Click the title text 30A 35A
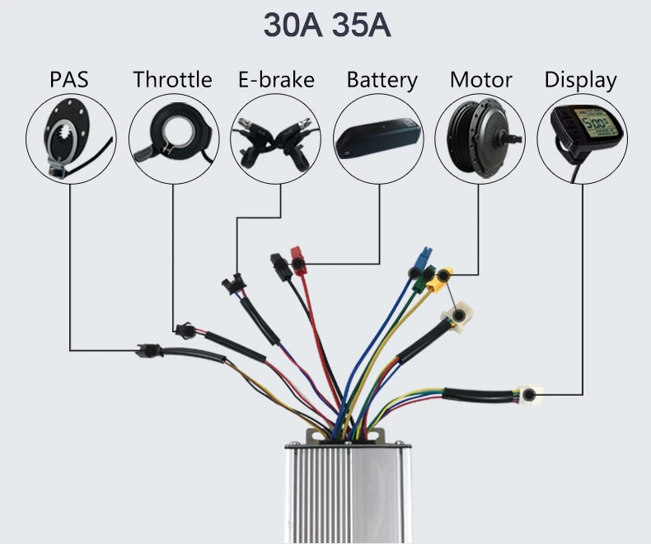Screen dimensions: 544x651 (x=326, y=25)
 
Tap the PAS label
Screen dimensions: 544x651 (x=68, y=80)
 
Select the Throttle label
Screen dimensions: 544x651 (x=172, y=80)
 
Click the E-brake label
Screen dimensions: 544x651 (x=276, y=80)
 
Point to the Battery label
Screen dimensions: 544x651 (x=382, y=80)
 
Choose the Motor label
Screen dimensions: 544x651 (x=480, y=80)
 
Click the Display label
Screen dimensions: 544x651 (x=580, y=80)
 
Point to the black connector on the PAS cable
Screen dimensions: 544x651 (x=148, y=349)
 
